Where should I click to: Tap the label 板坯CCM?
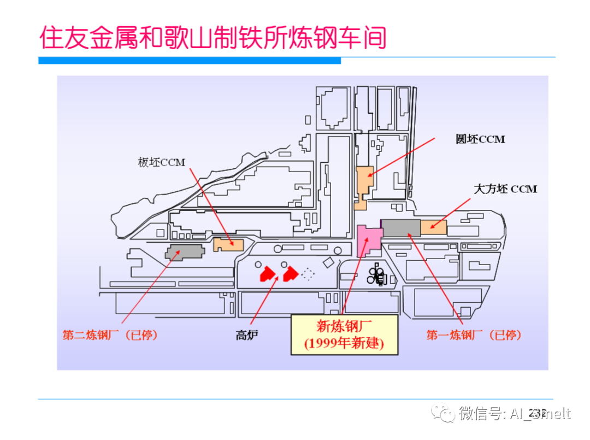pos(162,162)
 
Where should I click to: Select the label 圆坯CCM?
pos(480,139)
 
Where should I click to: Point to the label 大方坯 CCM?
pos(505,189)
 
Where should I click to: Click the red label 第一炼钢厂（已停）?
pos(474,335)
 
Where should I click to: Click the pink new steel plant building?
pos(368,239)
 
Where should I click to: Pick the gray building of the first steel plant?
pos(400,227)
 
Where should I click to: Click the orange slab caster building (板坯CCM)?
pos(228,244)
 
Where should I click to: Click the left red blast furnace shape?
pos(267,273)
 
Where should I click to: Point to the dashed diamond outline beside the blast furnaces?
pos(309,274)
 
